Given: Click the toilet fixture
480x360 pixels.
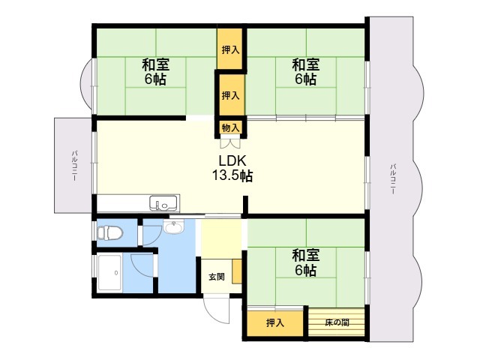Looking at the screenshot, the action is click(109, 233).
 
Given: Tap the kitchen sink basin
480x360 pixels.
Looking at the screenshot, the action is click(163, 202).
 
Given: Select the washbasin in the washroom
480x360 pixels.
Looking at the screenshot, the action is click(173, 227).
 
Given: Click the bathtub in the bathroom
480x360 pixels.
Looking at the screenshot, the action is click(110, 273).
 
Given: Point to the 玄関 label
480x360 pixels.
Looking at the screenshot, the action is click(217, 277).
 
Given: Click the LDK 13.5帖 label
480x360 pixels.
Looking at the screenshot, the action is click(232, 168).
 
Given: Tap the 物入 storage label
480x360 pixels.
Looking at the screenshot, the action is click(230, 127).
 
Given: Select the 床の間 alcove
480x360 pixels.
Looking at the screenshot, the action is click(337, 322).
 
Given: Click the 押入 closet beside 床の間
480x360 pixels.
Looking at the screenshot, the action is click(275, 323).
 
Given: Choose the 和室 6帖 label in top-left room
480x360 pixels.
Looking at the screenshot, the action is click(155, 72).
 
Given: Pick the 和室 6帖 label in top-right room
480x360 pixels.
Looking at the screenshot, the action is click(306, 72).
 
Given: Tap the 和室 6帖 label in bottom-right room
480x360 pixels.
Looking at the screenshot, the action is click(306, 262).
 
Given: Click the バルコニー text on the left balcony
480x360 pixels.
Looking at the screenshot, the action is click(74, 166).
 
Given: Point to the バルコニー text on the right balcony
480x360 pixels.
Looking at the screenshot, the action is click(392, 179).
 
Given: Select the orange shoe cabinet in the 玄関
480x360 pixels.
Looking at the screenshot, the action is click(237, 271).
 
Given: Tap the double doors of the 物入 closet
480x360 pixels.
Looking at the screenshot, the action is click(230, 143).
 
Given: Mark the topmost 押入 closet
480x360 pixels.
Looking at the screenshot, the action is click(230, 49).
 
